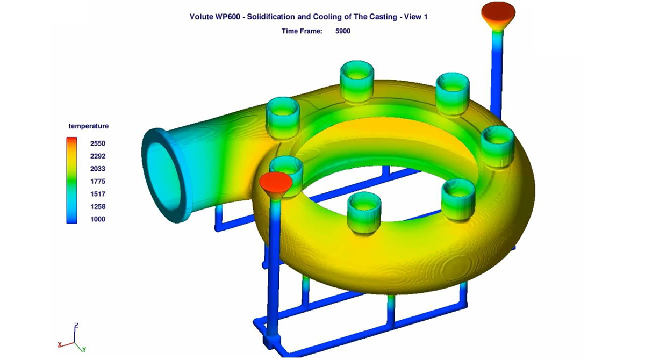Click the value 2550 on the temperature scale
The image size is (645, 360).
98,143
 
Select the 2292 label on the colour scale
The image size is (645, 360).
98,156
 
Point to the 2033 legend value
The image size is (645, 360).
98,169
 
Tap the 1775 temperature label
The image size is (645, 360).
98,181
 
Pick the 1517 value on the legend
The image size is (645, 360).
98,194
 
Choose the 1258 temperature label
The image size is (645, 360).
98,207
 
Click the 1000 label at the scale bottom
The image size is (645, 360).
98,219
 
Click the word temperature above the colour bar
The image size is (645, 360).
88,126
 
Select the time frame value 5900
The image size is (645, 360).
343,31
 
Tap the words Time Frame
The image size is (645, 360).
302,31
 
